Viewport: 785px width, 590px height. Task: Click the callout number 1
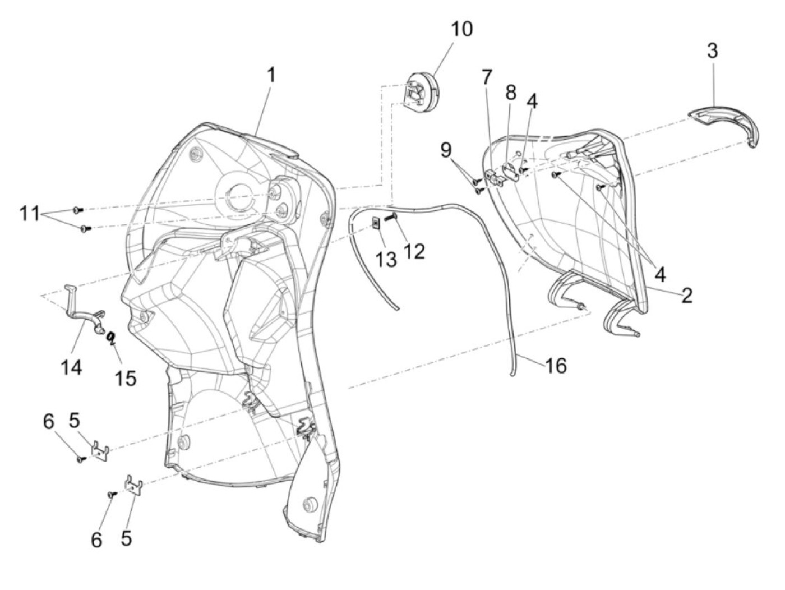coord(271,75)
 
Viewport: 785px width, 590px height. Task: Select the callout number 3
coord(712,51)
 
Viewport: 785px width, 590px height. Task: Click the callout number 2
coord(687,295)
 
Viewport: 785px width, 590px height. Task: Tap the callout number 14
coord(72,367)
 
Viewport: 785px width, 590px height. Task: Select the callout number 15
coord(126,377)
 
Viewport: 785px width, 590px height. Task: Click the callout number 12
coord(414,251)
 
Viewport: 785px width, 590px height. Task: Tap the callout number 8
coord(510,93)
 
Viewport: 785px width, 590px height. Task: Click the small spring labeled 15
coord(112,337)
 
